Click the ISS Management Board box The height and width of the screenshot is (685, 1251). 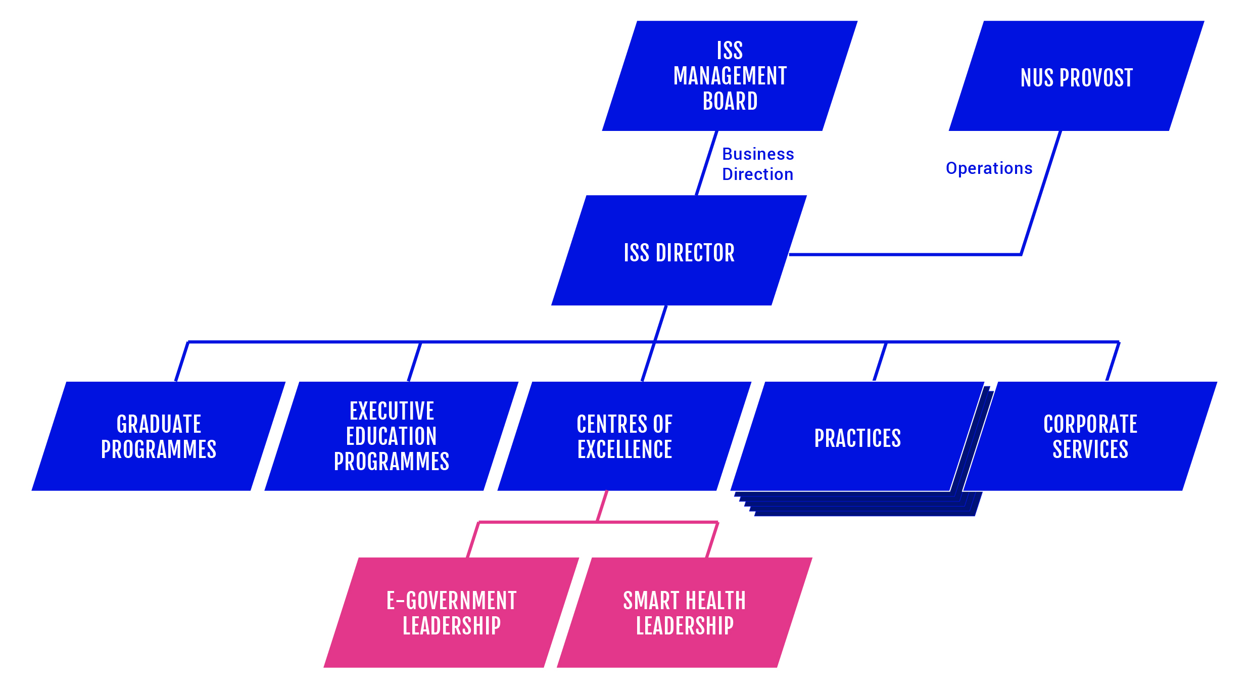(x=730, y=76)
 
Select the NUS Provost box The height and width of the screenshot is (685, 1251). (x=1076, y=76)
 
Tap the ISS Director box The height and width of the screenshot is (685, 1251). (x=679, y=251)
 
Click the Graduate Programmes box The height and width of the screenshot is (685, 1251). (x=159, y=436)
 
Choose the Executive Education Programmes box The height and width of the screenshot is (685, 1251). (x=392, y=436)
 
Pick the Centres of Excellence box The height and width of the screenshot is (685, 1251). (x=624, y=436)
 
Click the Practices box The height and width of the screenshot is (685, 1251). (x=857, y=438)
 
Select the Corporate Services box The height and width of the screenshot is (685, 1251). (x=1090, y=436)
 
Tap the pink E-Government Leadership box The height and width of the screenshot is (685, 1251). (x=451, y=613)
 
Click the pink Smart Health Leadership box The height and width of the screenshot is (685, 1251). (x=685, y=613)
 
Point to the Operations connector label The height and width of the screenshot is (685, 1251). (x=989, y=168)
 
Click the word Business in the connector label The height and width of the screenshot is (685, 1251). (x=758, y=154)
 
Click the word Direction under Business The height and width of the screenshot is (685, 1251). (x=757, y=174)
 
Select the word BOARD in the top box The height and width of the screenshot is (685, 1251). (x=730, y=102)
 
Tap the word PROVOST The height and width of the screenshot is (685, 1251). (x=1096, y=78)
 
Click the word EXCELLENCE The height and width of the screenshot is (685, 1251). (x=624, y=449)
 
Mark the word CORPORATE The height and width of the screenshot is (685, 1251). (x=1090, y=424)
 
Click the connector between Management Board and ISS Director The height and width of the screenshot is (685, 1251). (x=706, y=163)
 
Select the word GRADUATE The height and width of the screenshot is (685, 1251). (x=159, y=424)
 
